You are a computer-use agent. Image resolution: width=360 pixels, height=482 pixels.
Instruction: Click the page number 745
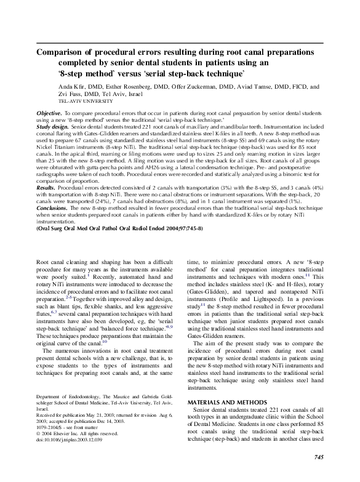318,457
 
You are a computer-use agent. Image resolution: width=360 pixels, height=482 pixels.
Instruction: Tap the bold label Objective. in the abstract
50,114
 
